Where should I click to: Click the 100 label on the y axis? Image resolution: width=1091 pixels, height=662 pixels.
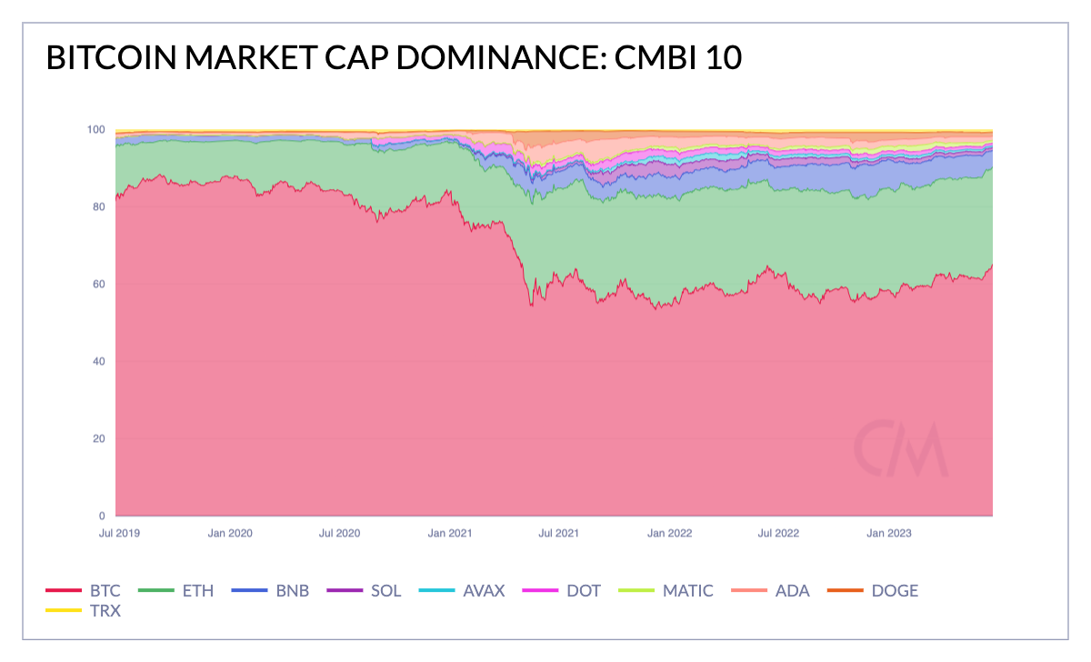pyautogui.click(x=96, y=129)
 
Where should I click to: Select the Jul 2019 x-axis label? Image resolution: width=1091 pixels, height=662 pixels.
pyautogui.click(x=119, y=533)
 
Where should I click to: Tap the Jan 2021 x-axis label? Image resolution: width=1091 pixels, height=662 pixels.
pyautogui.click(x=449, y=533)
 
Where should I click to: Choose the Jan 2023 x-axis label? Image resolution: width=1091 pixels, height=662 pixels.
pyautogui.click(x=889, y=533)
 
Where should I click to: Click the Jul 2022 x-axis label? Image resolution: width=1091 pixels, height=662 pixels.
pyautogui.click(x=778, y=533)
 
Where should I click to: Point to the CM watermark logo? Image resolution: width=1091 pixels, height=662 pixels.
pyautogui.click(x=901, y=449)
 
